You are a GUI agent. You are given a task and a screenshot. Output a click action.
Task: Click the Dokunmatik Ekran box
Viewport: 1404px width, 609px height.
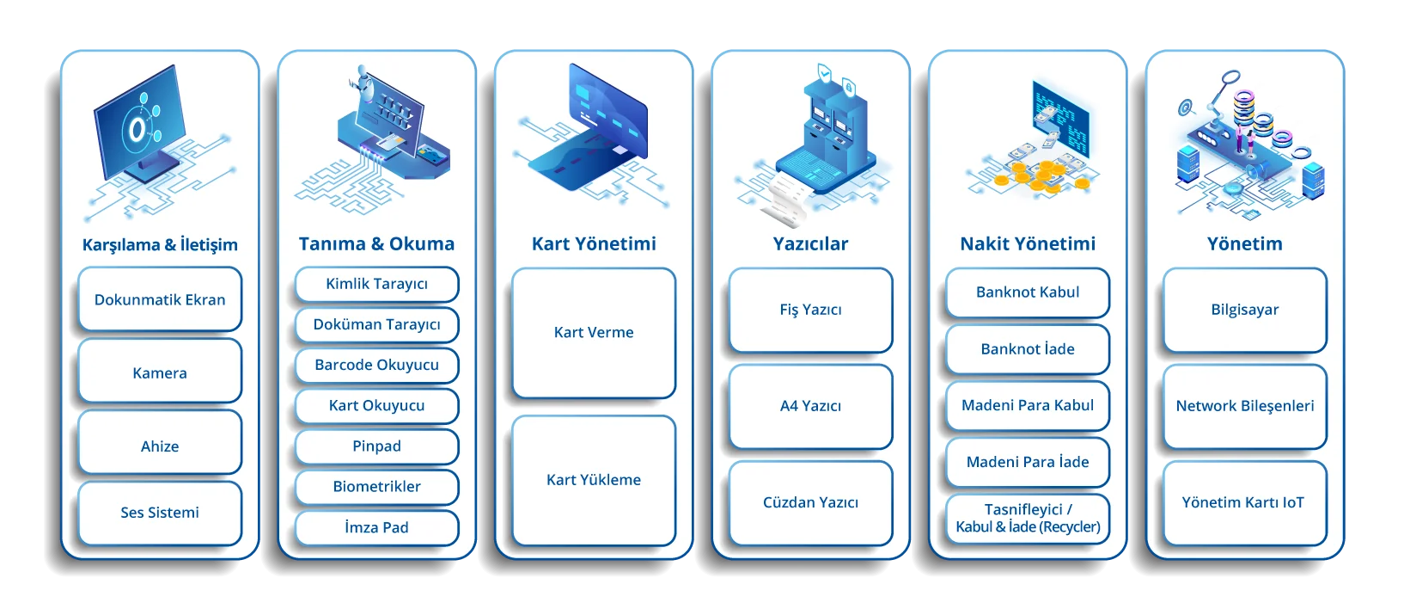tap(160, 299)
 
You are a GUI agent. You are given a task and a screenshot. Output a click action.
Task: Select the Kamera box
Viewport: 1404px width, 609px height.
tap(160, 372)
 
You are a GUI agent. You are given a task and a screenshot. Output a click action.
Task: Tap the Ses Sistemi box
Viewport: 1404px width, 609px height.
tap(160, 513)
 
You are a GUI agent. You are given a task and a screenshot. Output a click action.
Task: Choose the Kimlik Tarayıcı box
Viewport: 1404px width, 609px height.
tap(376, 284)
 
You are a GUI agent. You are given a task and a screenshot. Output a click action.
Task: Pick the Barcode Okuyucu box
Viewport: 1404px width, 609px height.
tap(376, 365)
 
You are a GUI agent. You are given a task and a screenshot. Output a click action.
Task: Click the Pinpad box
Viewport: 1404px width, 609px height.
tap(376, 446)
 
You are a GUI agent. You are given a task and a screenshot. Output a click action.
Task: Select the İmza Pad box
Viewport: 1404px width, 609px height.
tap(376, 527)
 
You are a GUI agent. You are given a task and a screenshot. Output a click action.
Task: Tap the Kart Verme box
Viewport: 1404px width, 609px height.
tap(594, 333)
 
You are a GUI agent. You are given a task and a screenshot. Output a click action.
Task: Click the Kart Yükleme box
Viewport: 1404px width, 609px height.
tap(594, 481)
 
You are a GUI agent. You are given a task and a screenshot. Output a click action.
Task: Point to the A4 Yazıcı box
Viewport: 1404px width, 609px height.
tap(810, 406)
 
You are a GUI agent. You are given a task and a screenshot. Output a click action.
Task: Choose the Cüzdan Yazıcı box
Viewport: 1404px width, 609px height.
tap(810, 503)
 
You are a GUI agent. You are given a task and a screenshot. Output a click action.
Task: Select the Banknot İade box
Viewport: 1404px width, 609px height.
tap(1028, 349)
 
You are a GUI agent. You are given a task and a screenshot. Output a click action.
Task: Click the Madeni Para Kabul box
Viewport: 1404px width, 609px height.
tap(1028, 406)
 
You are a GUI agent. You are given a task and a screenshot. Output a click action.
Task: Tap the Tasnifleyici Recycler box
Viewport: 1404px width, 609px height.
tap(1028, 519)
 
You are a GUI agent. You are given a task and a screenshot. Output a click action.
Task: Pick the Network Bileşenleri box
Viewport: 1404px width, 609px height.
tap(1245, 406)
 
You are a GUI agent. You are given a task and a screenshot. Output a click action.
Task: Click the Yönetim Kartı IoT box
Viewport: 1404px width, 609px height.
tap(1245, 503)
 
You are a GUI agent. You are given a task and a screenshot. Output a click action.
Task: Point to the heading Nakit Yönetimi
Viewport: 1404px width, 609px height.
tap(1028, 244)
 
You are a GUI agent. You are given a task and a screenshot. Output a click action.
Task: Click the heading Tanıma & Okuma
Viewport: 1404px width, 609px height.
tap(376, 244)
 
